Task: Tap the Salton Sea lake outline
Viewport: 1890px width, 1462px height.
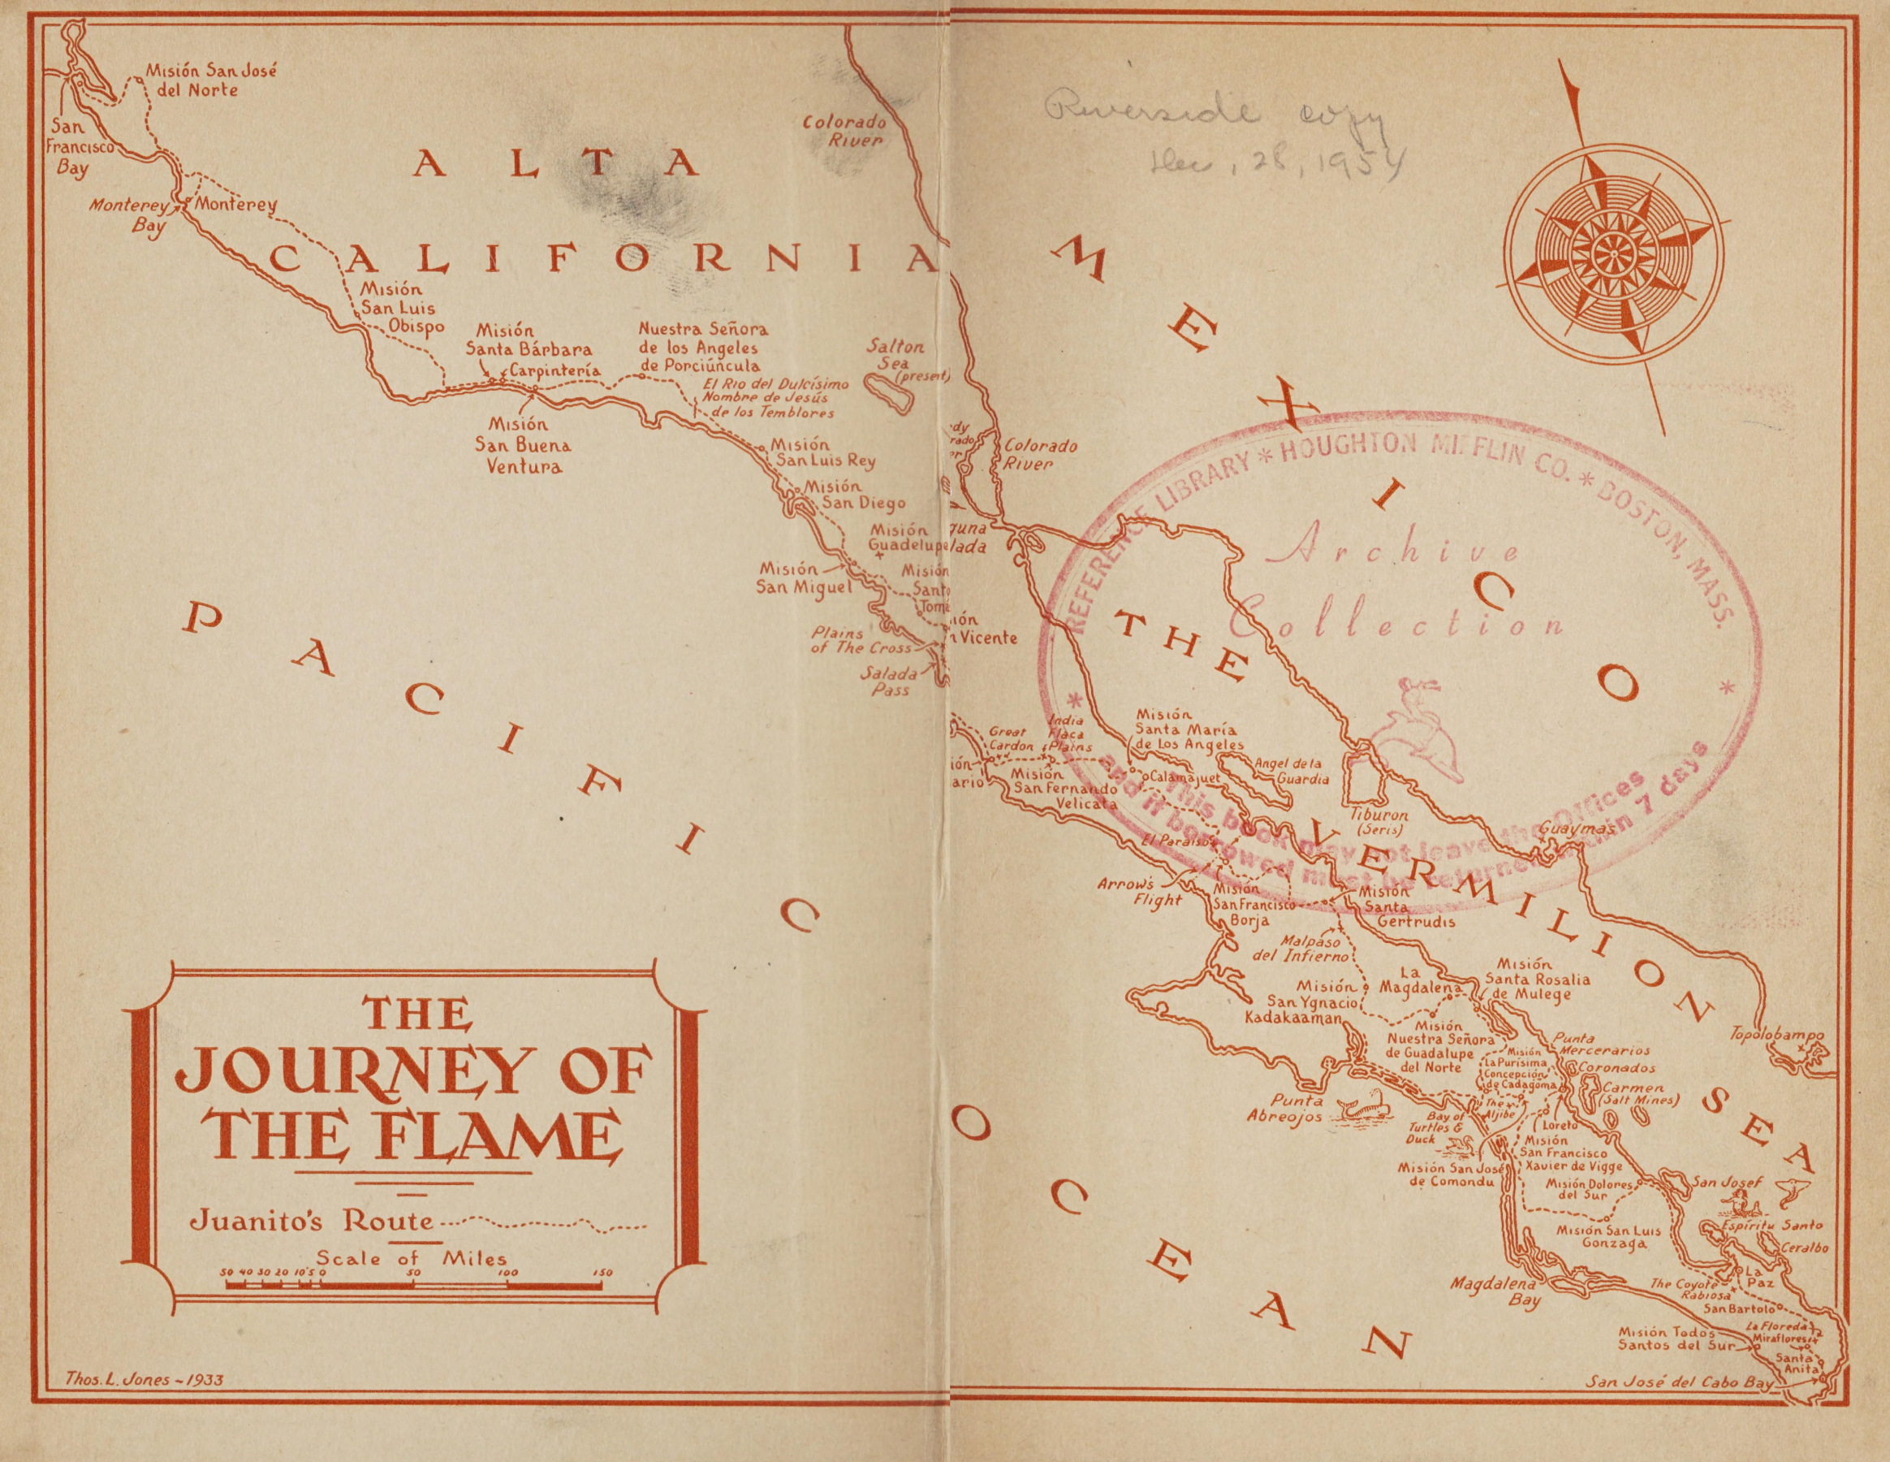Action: point(892,399)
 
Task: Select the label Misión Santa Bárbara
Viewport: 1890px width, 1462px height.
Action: point(529,341)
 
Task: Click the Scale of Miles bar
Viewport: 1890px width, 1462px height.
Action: point(416,1287)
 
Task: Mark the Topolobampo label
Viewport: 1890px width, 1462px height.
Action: point(1776,1035)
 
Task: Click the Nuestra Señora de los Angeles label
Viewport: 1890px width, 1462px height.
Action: point(701,347)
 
